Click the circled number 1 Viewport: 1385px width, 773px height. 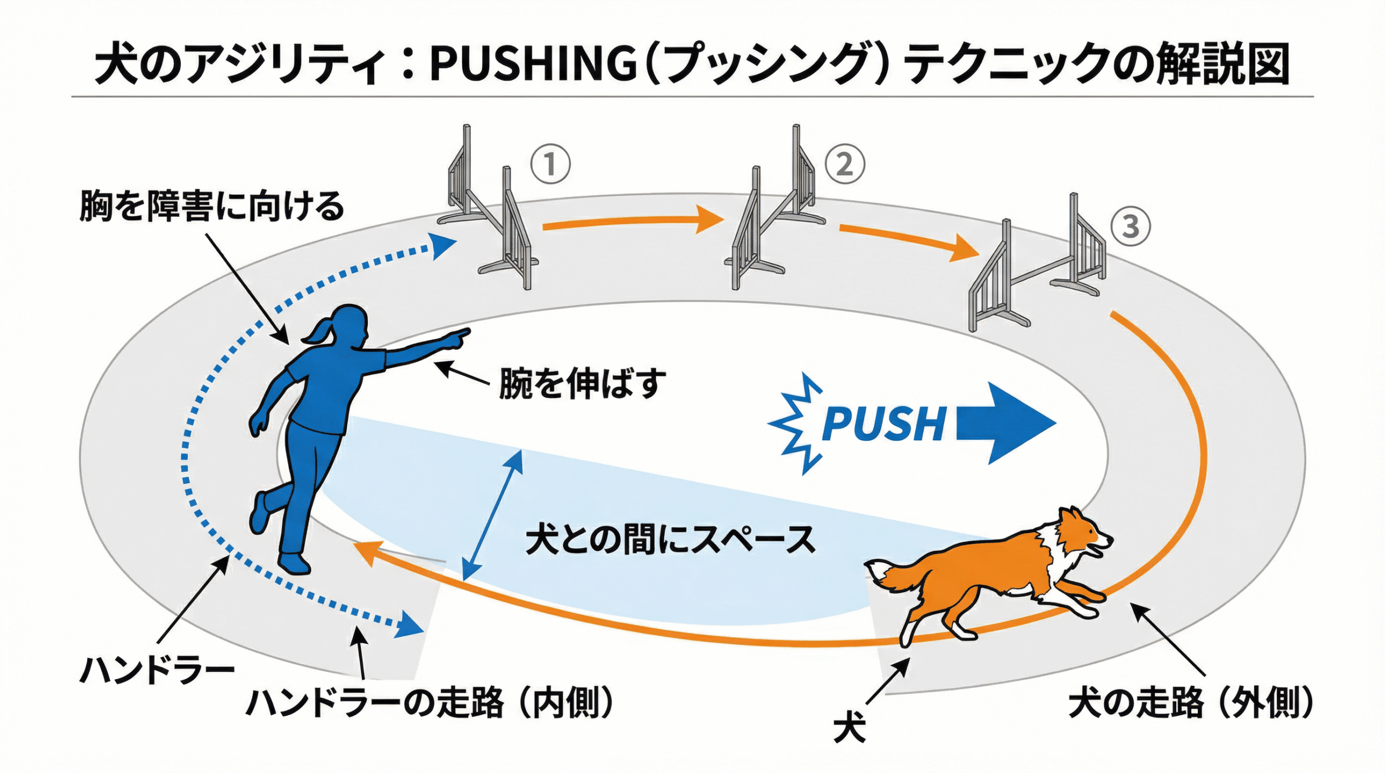click(x=550, y=163)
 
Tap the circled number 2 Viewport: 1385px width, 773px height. click(x=844, y=164)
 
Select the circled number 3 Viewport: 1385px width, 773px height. click(x=1130, y=226)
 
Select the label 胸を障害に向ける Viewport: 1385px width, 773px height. click(x=212, y=206)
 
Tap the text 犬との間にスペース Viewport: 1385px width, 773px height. click(x=671, y=539)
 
